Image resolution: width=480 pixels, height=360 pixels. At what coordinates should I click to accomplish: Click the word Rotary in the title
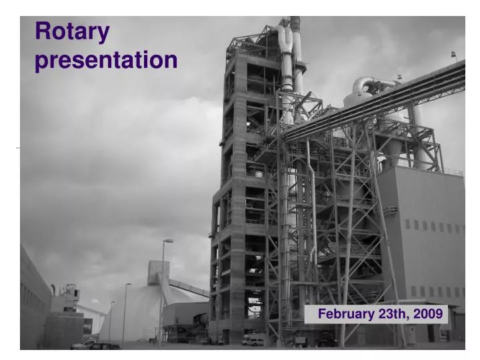tap(72, 31)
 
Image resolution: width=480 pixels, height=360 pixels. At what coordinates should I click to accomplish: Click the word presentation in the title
tap(106, 61)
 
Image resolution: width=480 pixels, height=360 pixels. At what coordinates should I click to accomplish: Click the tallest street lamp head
tap(168, 241)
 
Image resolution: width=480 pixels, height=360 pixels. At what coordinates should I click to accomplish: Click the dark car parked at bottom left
tap(105, 346)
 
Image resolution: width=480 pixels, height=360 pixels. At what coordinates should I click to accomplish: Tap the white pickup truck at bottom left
tap(83, 344)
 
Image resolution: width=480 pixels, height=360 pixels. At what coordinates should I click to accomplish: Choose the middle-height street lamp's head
tap(128, 285)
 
